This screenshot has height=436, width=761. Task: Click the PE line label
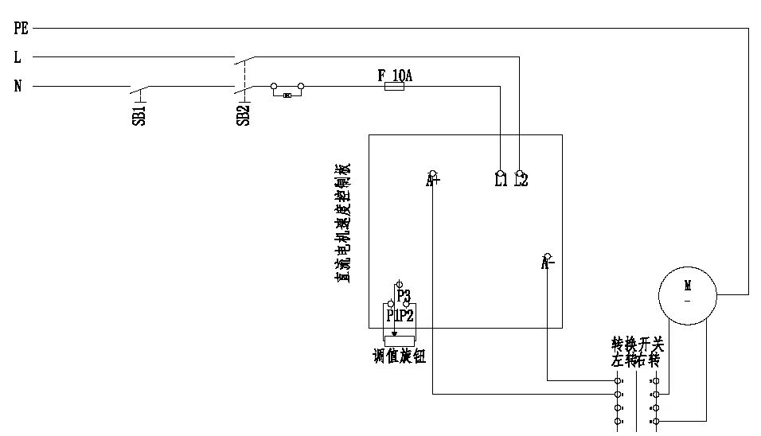21,29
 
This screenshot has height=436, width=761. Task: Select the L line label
18,57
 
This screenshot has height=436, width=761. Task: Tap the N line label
18,86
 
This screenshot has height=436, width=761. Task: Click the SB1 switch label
139,116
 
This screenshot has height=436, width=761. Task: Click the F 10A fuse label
395,76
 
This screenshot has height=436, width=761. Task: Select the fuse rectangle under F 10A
394,87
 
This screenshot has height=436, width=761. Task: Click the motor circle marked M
688,294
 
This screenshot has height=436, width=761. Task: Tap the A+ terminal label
433,181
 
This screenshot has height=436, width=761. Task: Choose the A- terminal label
548,263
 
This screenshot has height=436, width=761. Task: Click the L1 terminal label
501,181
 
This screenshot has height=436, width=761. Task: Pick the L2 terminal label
521,181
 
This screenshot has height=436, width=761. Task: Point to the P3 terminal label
404,296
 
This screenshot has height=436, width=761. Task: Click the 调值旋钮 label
400,356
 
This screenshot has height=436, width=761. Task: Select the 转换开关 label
637,345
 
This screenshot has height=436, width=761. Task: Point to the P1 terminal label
392,316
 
